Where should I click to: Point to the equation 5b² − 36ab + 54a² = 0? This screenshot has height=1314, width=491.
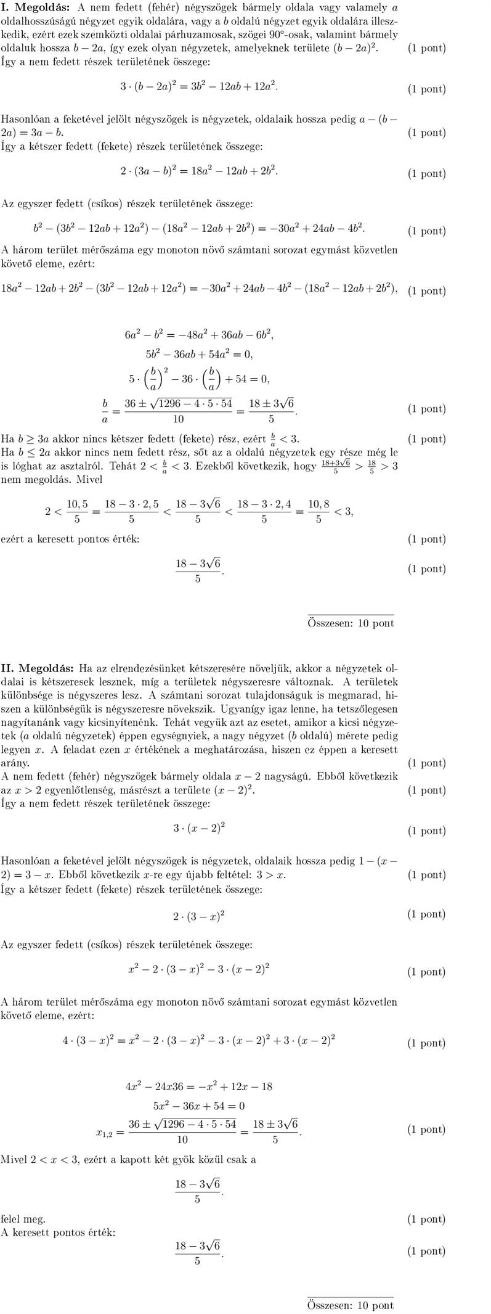click(x=199, y=355)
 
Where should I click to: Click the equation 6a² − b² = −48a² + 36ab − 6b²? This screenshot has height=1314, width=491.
click(x=199, y=335)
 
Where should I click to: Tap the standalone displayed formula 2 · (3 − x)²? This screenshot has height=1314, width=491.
click(x=198, y=916)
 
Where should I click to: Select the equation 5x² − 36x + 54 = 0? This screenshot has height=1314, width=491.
click(x=198, y=1106)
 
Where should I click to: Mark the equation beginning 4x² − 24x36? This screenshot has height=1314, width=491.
click(x=198, y=1086)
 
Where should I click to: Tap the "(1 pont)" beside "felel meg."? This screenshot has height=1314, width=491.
click(x=426, y=1218)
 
